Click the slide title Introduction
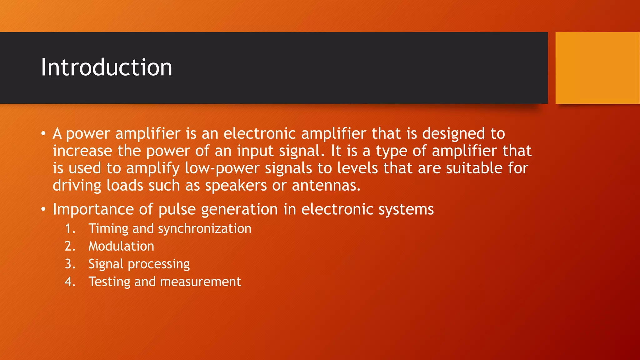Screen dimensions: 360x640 pyautogui.click(x=107, y=67)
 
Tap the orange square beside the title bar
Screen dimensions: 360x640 pyautogui.click(x=597, y=68)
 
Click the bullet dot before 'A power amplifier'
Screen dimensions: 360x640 pyautogui.click(x=43, y=134)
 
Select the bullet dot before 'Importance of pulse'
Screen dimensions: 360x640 pyautogui.click(x=43, y=210)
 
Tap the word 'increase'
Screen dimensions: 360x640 pyautogui.click(x=82, y=151)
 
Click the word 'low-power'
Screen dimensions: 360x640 pyautogui.click(x=222, y=168)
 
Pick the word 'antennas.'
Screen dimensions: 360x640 pyautogui.click(x=326, y=186)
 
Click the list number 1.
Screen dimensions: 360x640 pyautogui.click(x=70, y=229)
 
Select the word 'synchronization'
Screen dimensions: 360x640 pyautogui.click(x=204, y=229)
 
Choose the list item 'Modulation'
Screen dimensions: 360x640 pyautogui.click(x=121, y=246)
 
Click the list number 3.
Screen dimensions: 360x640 pyautogui.click(x=70, y=264)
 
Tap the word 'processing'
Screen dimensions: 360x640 pyautogui.click(x=159, y=264)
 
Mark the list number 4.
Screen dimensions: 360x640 pyautogui.click(x=70, y=282)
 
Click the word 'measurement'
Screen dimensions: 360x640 pyautogui.click(x=200, y=282)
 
